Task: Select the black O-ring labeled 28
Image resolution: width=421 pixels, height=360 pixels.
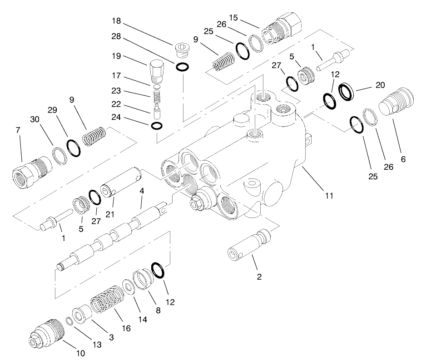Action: pyautogui.click(x=182, y=67)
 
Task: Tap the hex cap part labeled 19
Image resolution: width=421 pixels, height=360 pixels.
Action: pyautogui.click(x=156, y=70)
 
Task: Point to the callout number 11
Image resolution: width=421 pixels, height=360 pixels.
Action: pyautogui.click(x=329, y=196)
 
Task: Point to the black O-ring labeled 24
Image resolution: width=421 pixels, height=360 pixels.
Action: pyautogui.click(x=155, y=125)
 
